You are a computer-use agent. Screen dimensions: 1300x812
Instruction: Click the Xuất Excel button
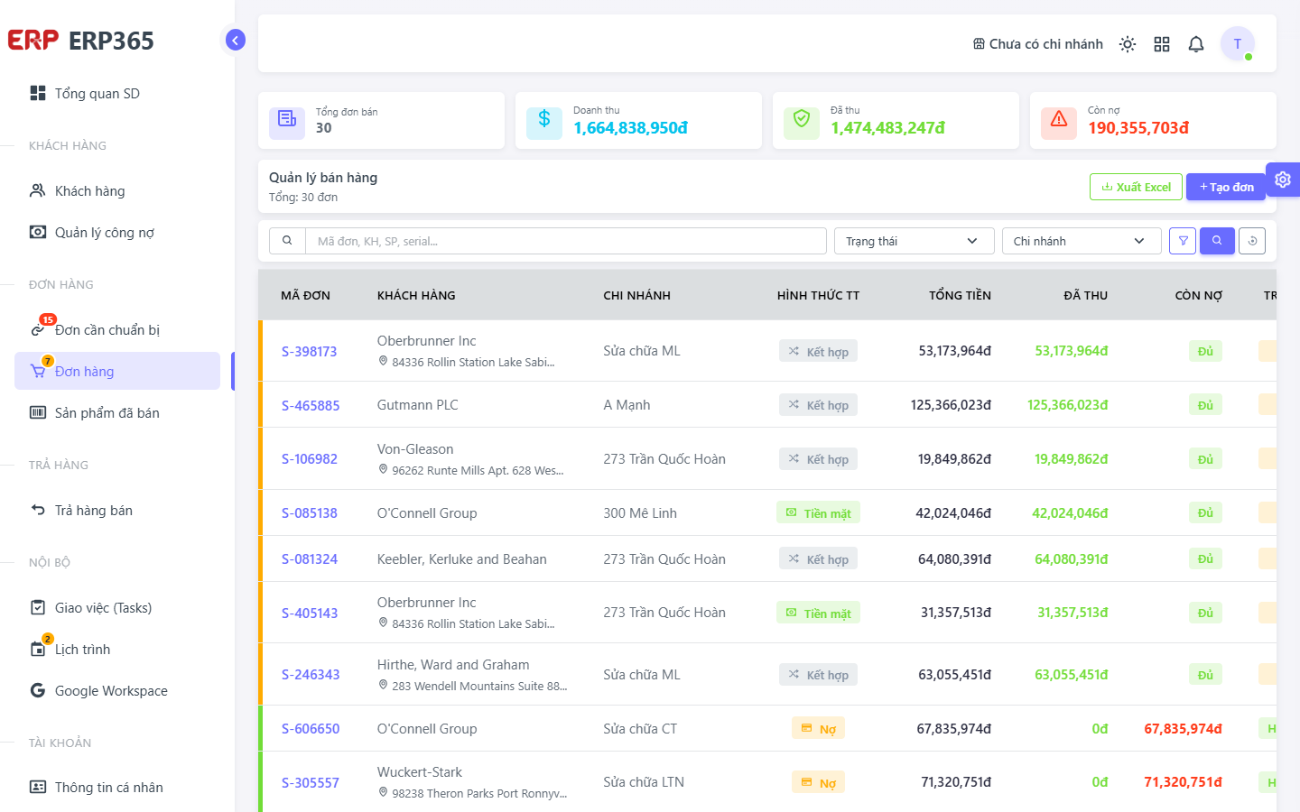pyautogui.click(x=1136, y=187)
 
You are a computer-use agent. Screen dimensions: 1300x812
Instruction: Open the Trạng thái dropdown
pyautogui.click(x=914, y=241)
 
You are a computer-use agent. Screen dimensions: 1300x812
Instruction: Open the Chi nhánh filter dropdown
pyautogui.click(x=1082, y=241)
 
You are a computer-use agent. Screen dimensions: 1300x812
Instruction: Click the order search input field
pyautogui.click(x=566, y=241)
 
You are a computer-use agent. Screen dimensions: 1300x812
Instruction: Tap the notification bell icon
pyautogui.click(x=1196, y=44)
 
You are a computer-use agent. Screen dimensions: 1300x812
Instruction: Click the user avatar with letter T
pyautogui.click(x=1238, y=43)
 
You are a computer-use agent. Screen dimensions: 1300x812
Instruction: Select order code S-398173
pyautogui.click(x=309, y=352)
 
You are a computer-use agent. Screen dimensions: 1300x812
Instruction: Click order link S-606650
pyautogui.click(x=311, y=728)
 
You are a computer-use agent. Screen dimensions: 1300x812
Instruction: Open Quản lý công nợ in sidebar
pyautogui.click(x=105, y=233)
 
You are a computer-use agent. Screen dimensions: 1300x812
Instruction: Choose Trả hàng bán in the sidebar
pyautogui.click(x=94, y=511)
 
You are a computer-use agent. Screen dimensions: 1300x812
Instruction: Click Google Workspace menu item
pyautogui.click(x=111, y=691)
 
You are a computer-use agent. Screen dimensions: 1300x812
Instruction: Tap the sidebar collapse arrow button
pyautogui.click(x=236, y=40)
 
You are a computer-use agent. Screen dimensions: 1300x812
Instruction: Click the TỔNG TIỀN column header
pyautogui.click(x=960, y=295)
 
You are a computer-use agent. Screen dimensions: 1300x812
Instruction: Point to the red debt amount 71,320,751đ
pyautogui.click(x=1183, y=782)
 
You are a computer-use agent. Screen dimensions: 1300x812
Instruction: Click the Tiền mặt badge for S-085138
pyautogui.click(x=818, y=513)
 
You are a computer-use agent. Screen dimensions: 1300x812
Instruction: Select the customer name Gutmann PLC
pyautogui.click(x=417, y=405)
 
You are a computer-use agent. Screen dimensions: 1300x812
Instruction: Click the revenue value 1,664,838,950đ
pyautogui.click(x=630, y=127)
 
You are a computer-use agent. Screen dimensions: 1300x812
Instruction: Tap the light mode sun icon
pyautogui.click(x=1128, y=44)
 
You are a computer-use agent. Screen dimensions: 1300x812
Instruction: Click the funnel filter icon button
pyautogui.click(x=1183, y=241)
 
